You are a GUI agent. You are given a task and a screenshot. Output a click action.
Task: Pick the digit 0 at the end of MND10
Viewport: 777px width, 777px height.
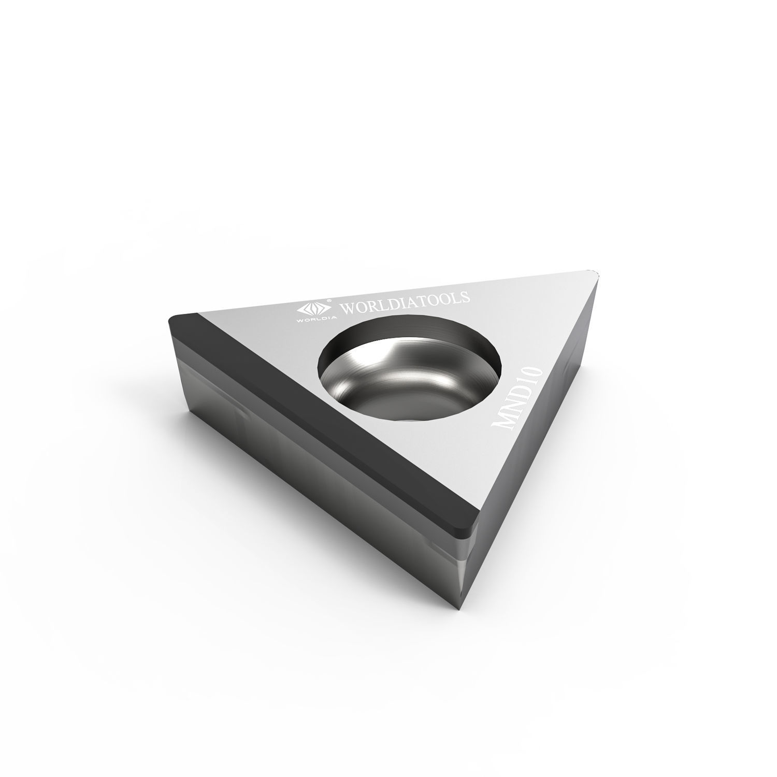(536, 372)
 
